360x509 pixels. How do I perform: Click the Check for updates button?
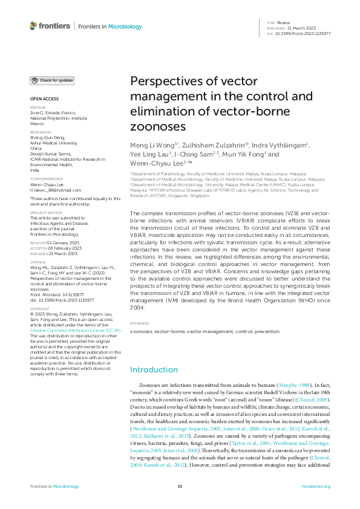pos(53,80)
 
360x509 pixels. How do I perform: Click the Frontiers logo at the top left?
pos(50,26)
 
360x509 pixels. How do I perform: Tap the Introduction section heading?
pos(154,370)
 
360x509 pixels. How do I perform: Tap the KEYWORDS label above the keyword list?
pos(140,323)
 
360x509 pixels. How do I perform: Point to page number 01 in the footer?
pos(180,486)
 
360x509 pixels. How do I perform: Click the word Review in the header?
pos(283,22)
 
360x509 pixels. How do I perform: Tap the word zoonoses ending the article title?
pos(159,128)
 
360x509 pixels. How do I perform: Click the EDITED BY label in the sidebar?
pos(38,108)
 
